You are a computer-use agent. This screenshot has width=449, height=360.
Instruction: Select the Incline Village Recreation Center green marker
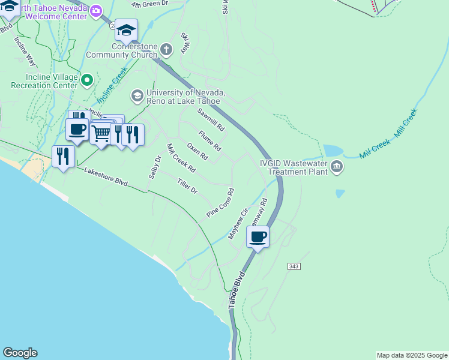(x=87, y=79)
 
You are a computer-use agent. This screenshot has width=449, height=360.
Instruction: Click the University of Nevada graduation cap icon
(x=137, y=95)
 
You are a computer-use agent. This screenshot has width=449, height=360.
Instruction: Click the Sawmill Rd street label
(x=211, y=120)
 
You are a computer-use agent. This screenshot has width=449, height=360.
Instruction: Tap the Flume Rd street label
(x=210, y=141)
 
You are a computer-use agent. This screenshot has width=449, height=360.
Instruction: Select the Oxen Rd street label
(x=197, y=152)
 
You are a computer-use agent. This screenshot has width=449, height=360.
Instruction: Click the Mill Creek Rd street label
(x=181, y=158)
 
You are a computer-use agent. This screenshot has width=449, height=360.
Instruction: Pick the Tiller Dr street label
(x=187, y=186)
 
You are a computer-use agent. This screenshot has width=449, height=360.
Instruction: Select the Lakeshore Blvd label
(x=106, y=179)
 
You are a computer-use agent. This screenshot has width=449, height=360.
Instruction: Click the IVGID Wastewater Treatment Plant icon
(x=337, y=166)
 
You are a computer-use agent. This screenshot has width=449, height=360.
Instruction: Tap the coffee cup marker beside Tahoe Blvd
(x=258, y=236)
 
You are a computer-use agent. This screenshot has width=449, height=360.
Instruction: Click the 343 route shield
(x=294, y=266)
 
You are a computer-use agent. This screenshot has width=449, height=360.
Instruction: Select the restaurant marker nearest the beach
(x=63, y=156)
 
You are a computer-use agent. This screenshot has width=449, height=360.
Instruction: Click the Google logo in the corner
(x=20, y=353)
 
